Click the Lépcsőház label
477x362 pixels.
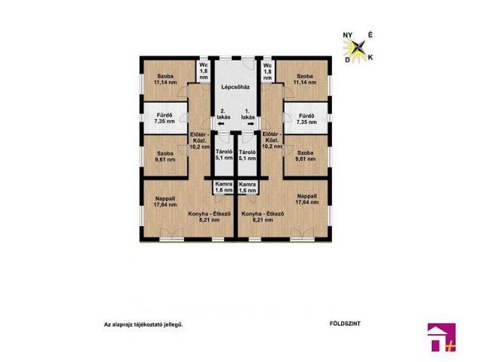click(235, 87)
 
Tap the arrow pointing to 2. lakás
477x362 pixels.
click(221, 124)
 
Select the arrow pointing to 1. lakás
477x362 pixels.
click(251, 124)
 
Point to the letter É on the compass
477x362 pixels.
click(371, 35)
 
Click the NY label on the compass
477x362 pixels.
click(348, 35)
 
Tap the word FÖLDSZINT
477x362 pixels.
click(345, 324)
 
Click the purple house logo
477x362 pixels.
click(442, 337)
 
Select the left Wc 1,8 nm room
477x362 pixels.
click(204, 71)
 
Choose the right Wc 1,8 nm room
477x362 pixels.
click(267, 71)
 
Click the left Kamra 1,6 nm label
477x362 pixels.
click(224, 187)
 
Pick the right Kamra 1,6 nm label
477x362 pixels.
click(248, 187)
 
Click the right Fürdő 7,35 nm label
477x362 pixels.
click(307, 119)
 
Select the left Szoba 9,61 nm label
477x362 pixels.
click(165, 156)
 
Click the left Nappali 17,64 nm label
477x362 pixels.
click(165, 201)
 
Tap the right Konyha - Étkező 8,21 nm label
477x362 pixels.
click(263, 216)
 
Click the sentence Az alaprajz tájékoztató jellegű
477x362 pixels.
click(143, 324)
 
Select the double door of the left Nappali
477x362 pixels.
click(171, 233)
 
